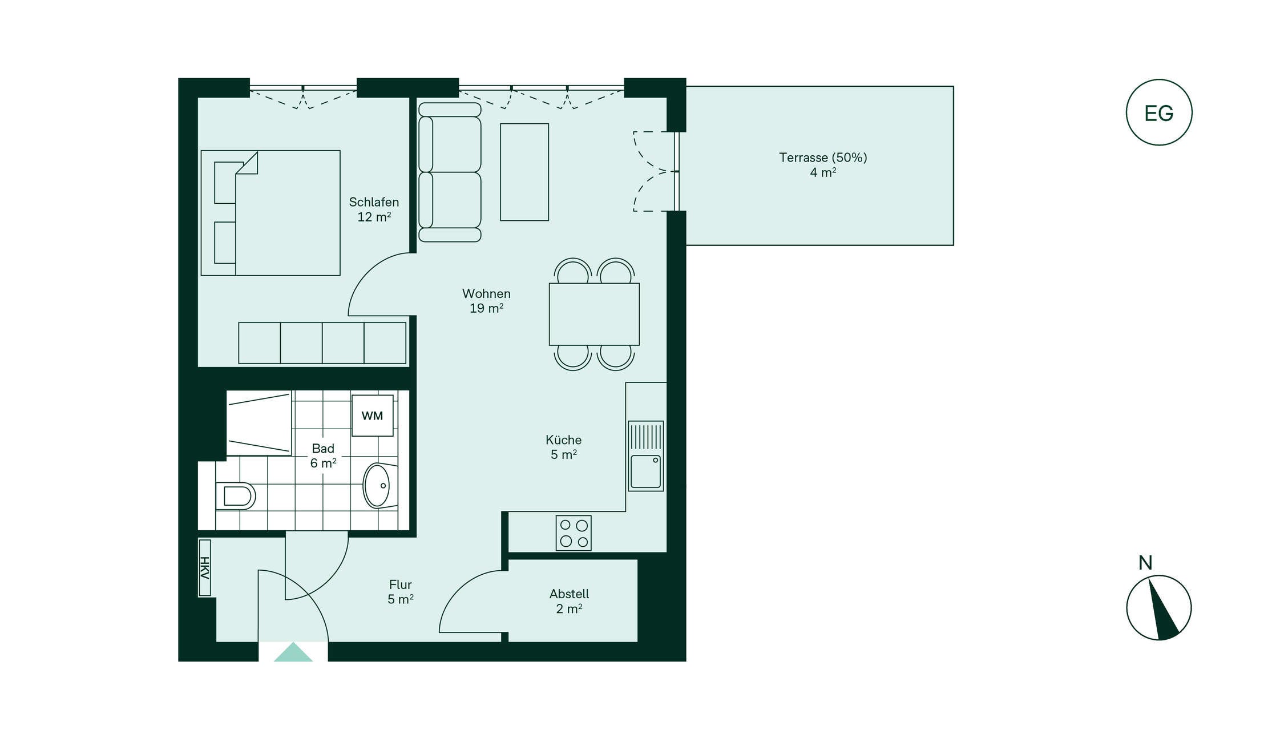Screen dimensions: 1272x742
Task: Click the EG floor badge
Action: pos(1158,112)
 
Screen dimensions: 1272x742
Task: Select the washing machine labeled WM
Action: pos(372,416)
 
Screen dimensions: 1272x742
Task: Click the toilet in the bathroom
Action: pos(235,496)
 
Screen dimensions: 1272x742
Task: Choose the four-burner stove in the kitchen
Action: pos(574,533)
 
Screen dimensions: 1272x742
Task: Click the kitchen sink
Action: pos(646,456)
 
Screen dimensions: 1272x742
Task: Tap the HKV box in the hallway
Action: pos(204,568)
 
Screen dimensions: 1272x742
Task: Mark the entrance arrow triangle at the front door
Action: pos(293,652)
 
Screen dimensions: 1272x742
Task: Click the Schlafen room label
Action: pos(374,202)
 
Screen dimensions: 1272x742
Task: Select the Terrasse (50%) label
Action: pos(823,158)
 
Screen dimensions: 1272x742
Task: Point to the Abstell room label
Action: pos(569,594)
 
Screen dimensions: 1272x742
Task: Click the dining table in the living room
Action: pos(594,314)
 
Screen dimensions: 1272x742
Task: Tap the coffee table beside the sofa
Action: pos(524,172)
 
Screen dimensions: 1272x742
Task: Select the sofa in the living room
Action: pos(450,172)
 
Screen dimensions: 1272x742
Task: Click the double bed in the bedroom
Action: pos(270,213)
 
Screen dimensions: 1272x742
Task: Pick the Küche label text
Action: pos(563,440)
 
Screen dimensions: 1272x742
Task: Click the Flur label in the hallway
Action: pos(400,585)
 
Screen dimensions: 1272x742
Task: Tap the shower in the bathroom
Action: pos(259,423)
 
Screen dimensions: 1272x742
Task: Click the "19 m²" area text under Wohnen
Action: pos(486,308)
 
